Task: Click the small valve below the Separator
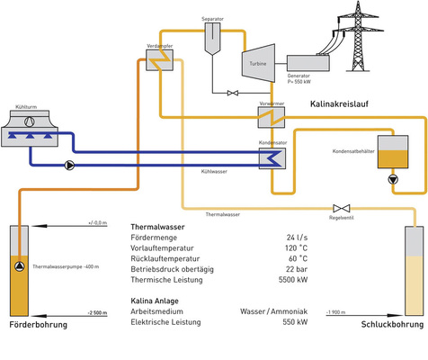(x=232, y=92)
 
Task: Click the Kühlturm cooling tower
(x=35, y=130)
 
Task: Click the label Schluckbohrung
(x=390, y=325)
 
